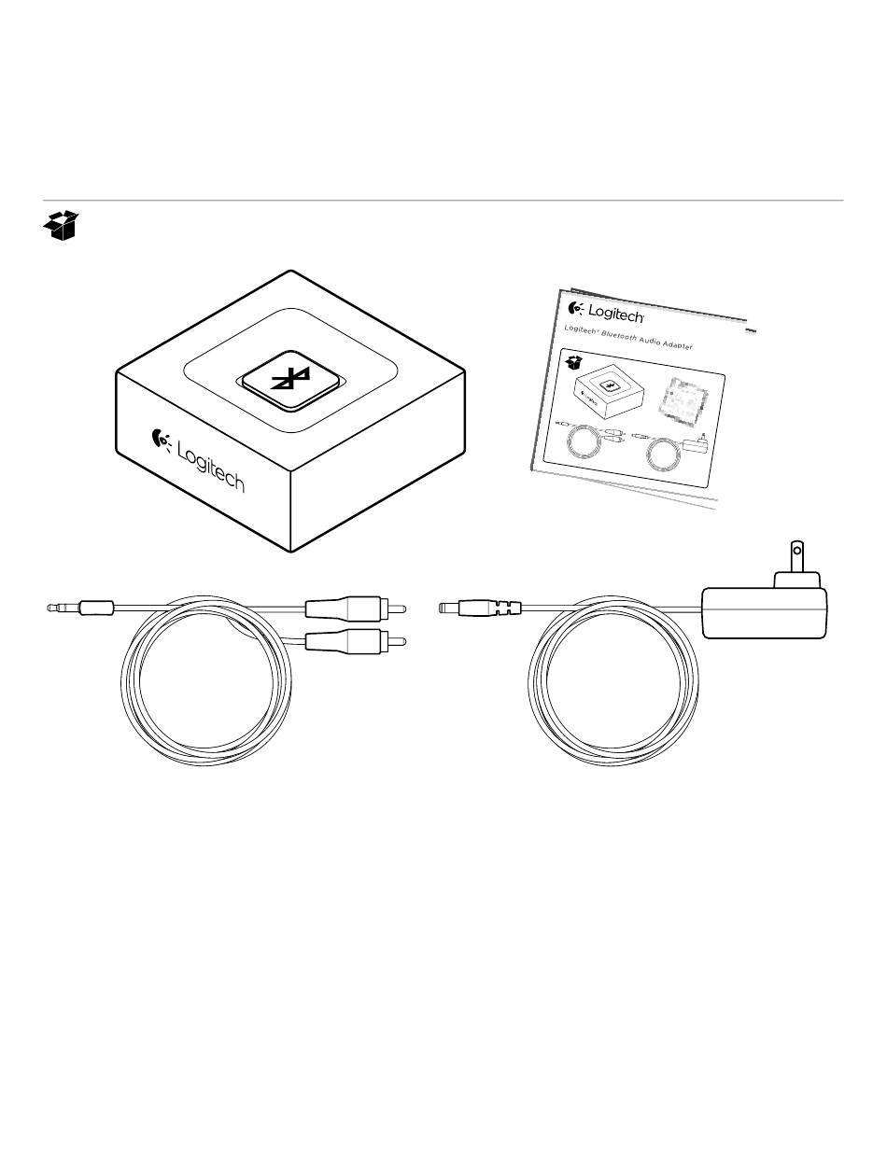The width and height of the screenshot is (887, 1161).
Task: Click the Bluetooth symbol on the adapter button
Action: point(290,379)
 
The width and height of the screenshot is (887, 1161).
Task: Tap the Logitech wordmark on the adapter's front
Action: point(210,466)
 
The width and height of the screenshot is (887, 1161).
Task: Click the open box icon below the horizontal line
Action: point(61,225)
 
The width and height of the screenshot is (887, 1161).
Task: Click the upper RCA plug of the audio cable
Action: point(356,608)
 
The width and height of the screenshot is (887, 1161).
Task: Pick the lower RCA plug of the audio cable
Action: point(356,642)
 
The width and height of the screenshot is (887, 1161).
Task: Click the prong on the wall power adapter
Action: point(796,556)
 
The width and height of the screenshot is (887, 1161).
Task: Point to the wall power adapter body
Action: point(764,612)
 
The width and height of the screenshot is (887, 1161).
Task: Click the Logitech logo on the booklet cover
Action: point(606,312)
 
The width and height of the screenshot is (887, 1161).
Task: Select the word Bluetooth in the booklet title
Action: point(619,337)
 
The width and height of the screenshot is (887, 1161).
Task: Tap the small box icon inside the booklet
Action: point(573,363)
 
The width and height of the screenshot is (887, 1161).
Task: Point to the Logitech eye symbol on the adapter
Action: point(161,441)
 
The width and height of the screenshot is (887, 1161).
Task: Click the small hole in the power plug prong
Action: point(797,552)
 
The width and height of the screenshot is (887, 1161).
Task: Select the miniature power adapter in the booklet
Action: point(696,443)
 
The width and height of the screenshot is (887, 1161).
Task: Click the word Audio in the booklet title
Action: point(650,342)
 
